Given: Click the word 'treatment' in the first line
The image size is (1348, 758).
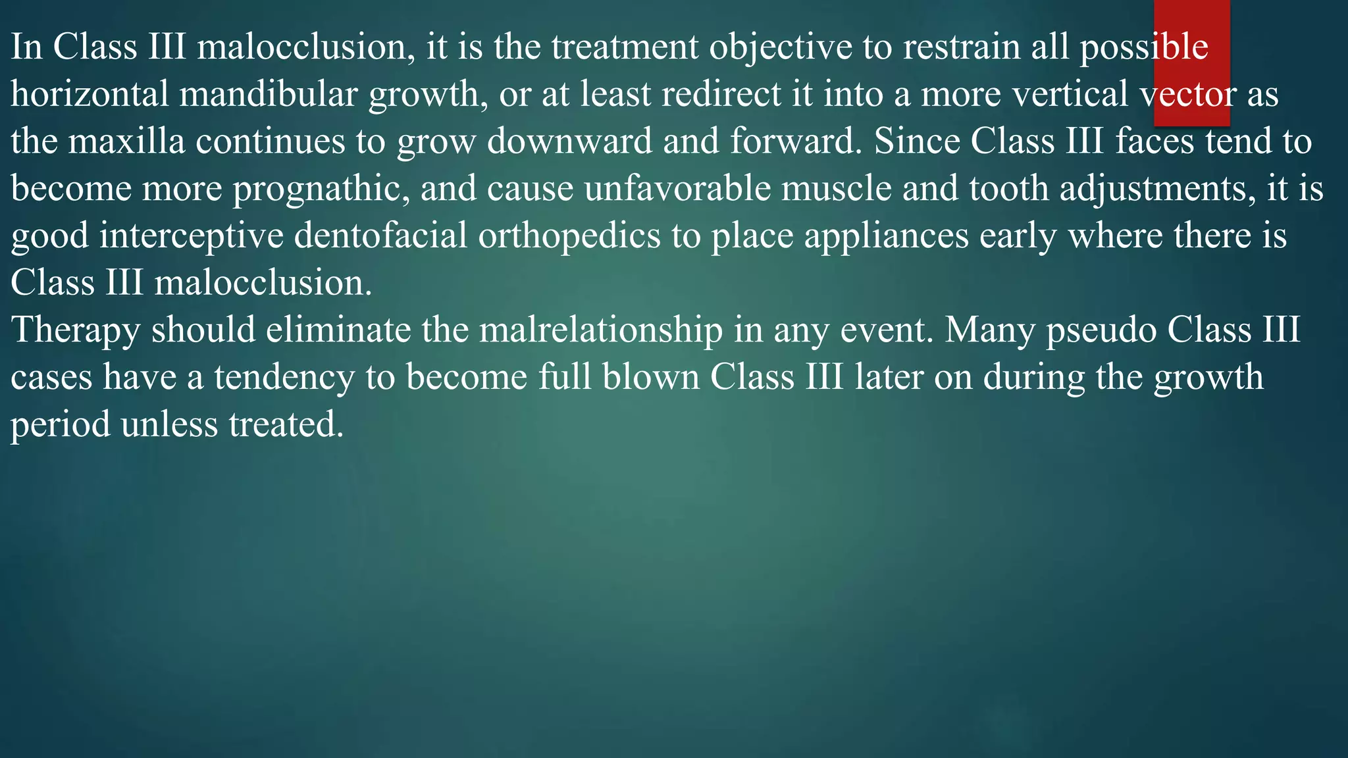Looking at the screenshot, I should (x=625, y=47).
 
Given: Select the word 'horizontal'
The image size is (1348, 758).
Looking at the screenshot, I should (x=90, y=94).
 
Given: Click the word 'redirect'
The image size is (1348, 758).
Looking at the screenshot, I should (x=721, y=94).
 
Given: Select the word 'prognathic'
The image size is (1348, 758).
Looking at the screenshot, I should (x=321, y=189).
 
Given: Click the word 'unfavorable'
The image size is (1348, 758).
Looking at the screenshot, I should (x=677, y=189).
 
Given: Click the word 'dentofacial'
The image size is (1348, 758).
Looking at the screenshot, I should (x=380, y=236).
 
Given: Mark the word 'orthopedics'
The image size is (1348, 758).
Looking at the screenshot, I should (x=569, y=236).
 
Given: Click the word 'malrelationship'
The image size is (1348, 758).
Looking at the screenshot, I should (x=600, y=330).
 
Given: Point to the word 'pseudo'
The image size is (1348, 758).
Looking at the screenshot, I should (x=1102, y=330).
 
